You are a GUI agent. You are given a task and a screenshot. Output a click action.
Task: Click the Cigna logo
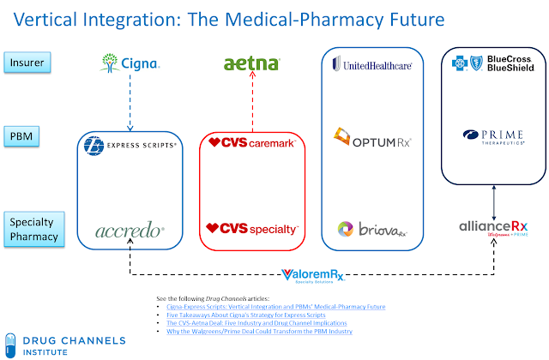(130, 62)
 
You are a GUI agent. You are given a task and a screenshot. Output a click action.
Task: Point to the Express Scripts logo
(131, 146)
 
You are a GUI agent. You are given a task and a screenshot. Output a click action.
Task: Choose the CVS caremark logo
(252, 142)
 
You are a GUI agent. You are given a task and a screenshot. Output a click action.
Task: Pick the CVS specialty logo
(252, 229)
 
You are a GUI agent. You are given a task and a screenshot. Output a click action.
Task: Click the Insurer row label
(27, 61)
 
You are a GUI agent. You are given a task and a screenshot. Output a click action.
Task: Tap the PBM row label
(27, 135)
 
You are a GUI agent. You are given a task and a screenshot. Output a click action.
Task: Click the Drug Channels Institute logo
(64, 344)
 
